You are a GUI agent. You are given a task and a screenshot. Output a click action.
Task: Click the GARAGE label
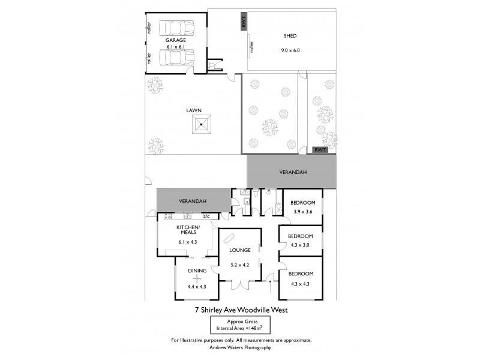[x=176, y=40]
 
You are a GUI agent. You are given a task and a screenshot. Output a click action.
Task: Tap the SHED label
[x=290, y=35]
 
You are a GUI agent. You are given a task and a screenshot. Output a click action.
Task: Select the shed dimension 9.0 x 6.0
[x=291, y=50]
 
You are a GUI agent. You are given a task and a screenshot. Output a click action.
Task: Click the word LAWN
[x=193, y=110]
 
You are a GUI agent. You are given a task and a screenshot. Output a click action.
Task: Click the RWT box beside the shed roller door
[x=244, y=22]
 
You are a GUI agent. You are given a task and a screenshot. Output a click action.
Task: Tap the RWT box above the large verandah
[x=320, y=150]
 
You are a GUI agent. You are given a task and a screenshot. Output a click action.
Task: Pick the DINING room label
[x=197, y=271]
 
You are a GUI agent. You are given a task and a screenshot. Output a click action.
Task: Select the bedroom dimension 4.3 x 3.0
[x=301, y=244]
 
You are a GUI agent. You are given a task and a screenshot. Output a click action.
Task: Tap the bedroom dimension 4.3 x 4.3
[x=301, y=283]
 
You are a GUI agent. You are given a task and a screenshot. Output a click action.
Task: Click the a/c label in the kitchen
[x=206, y=216]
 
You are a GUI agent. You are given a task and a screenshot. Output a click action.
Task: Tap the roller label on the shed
[x=251, y=46]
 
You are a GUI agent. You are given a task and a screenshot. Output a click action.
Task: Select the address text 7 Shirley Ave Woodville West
[x=240, y=310]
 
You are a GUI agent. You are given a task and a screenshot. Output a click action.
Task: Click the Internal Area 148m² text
[x=240, y=329]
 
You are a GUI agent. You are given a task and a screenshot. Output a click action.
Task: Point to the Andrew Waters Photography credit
[x=240, y=347]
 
